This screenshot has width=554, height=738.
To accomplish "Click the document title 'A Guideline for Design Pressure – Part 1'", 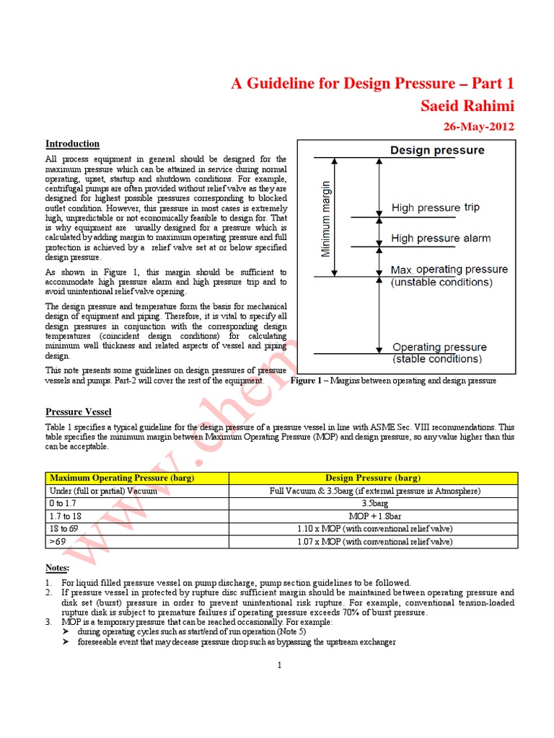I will point(373,84).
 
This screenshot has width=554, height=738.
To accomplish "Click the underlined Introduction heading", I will point(72,144).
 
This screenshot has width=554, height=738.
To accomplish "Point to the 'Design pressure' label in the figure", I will point(437,151).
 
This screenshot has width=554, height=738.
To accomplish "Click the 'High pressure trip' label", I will point(435,208).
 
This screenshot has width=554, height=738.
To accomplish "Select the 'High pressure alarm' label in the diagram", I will point(441,238).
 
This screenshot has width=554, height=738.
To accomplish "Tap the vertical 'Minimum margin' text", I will point(327,218).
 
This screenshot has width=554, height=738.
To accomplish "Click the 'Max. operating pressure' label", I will point(449,270).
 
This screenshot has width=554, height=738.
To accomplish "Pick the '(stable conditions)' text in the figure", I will point(438,359).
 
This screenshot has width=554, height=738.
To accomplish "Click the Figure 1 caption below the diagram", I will point(393,380).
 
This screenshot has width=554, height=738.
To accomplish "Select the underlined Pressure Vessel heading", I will point(79,412).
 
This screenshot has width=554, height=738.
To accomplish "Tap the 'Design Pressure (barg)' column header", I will point(373,478).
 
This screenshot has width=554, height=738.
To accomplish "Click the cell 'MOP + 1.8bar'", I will point(373,516).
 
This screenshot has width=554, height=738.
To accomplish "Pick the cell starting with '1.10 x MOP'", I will point(373,529).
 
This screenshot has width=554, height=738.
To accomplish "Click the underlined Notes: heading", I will point(58,569).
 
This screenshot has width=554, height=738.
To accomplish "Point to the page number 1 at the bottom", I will point(278,665).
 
